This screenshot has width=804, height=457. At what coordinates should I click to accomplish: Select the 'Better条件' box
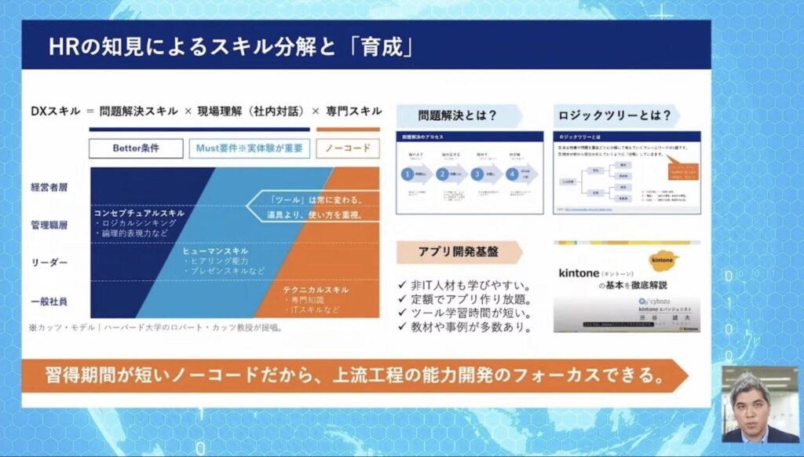pyautogui.click(x=136, y=148)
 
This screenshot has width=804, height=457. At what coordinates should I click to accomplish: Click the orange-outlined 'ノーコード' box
pyautogui.click(x=348, y=148)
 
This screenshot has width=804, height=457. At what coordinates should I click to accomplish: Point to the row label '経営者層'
pyautogui.click(x=49, y=188)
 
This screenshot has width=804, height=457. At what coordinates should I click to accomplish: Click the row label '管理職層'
pyautogui.click(x=49, y=225)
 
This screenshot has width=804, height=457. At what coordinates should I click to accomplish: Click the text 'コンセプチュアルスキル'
pyautogui.click(x=139, y=213)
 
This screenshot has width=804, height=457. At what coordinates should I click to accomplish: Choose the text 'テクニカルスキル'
pyautogui.click(x=316, y=290)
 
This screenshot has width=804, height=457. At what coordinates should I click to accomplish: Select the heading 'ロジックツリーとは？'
pyautogui.click(x=615, y=115)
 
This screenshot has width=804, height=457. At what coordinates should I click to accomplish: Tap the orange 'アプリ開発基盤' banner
pyautogui.click(x=459, y=251)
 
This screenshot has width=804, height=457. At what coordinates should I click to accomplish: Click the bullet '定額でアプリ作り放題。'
pyautogui.click(x=466, y=299)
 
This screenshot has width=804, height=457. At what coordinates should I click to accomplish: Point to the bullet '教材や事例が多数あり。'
pyautogui.click(x=466, y=327)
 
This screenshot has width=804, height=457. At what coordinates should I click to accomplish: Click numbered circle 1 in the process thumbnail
pyautogui.click(x=408, y=174)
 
